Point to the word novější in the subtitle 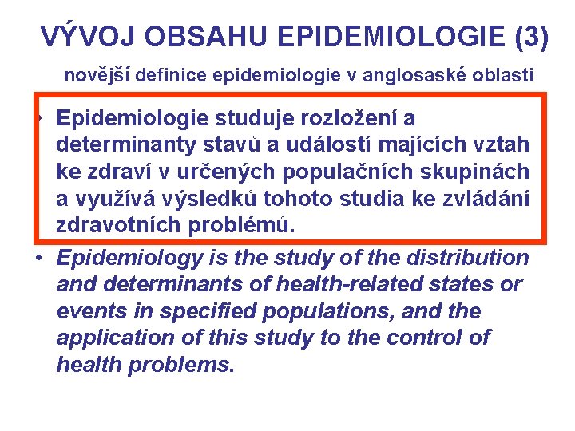93,76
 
